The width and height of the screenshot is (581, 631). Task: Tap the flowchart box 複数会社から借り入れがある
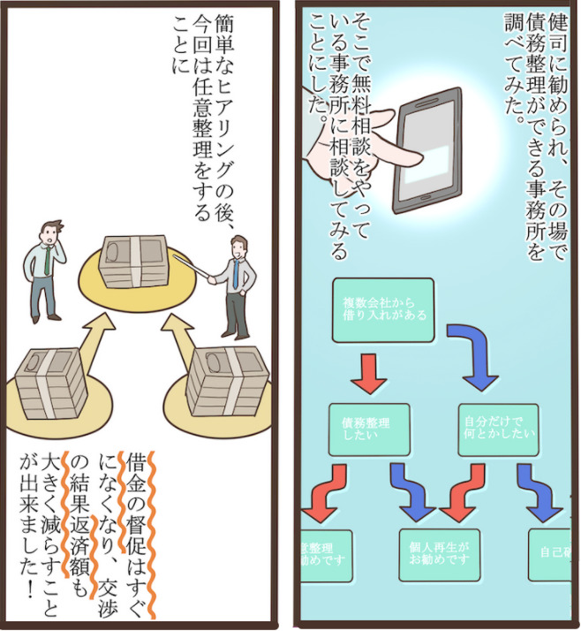382,310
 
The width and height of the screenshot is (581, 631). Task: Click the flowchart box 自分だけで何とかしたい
498,429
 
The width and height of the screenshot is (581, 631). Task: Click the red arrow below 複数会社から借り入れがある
370,372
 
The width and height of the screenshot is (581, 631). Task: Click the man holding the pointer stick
236,283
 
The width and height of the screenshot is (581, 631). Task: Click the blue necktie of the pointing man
237,273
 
